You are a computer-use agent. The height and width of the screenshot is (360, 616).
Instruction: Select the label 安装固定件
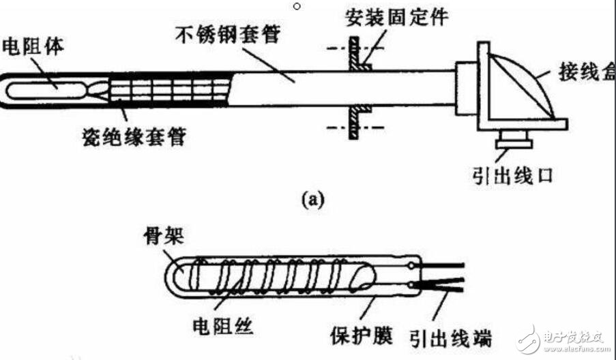coord(398,16)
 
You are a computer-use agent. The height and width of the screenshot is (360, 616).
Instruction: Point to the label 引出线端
coord(450,337)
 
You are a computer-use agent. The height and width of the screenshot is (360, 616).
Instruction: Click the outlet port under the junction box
coord(512,140)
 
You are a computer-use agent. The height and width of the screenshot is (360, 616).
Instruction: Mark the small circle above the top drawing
coord(296,7)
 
